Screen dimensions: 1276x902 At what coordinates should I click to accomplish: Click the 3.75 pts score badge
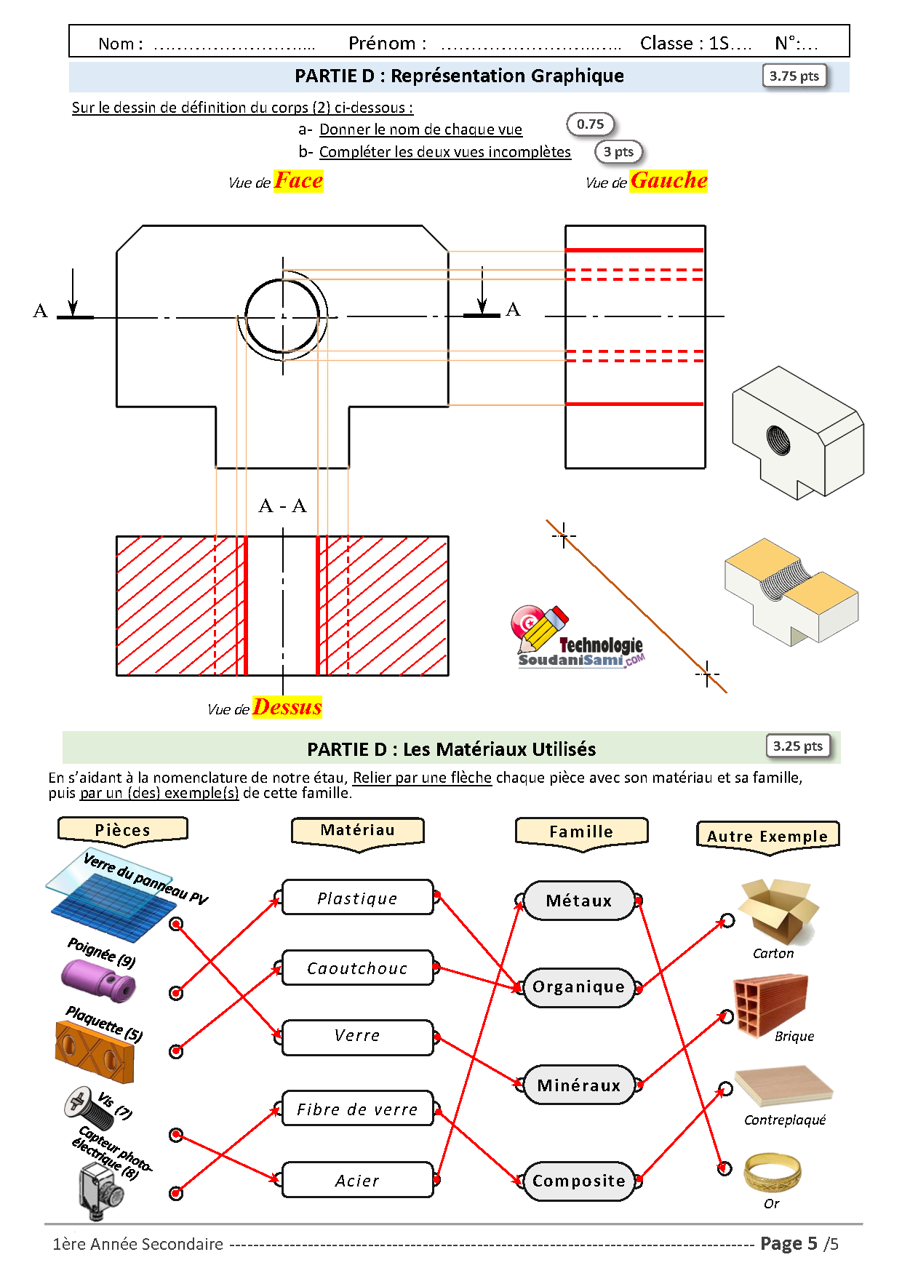[794, 76]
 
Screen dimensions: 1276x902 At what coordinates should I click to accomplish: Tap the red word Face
[298, 180]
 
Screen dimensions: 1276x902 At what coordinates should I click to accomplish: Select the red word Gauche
[668, 180]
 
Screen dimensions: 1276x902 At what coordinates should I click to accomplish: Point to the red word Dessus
[287, 707]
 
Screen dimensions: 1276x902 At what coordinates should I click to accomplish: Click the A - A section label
[282, 506]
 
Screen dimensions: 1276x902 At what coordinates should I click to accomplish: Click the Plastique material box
[357, 898]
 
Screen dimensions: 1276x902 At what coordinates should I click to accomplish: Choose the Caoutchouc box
[357, 968]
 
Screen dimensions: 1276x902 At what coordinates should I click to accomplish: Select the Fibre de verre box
[357, 1109]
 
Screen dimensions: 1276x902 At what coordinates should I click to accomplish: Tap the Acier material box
[357, 1180]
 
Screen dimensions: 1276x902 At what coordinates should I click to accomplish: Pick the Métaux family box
[578, 901]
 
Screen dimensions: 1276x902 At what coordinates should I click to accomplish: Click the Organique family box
[578, 986]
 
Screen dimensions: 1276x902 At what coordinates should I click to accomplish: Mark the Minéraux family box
[578, 1085]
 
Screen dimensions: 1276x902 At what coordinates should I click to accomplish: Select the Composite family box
[578, 1180]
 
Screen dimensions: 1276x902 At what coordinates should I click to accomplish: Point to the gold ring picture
[772, 1171]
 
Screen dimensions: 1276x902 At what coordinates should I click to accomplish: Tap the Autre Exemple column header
[767, 836]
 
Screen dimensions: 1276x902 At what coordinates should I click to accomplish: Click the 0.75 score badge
[590, 124]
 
